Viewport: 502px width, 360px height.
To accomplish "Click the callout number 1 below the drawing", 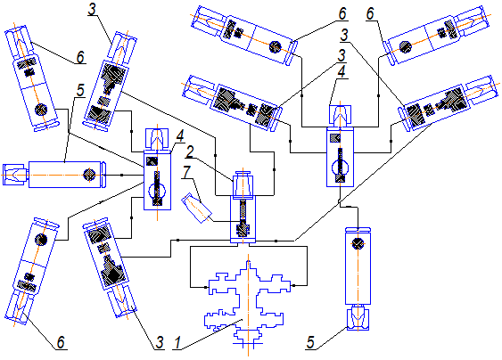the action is [177, 343].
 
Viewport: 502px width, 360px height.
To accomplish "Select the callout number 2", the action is [190, 152].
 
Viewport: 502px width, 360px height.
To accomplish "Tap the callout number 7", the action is [186, 173].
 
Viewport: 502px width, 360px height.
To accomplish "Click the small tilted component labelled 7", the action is [196, 208].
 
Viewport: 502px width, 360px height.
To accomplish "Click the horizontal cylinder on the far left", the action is [54, 175].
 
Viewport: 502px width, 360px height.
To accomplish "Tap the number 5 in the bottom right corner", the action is [310, 343].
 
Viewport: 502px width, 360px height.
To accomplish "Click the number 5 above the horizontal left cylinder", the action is [80, 90].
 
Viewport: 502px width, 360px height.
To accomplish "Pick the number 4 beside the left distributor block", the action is [180, 136].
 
